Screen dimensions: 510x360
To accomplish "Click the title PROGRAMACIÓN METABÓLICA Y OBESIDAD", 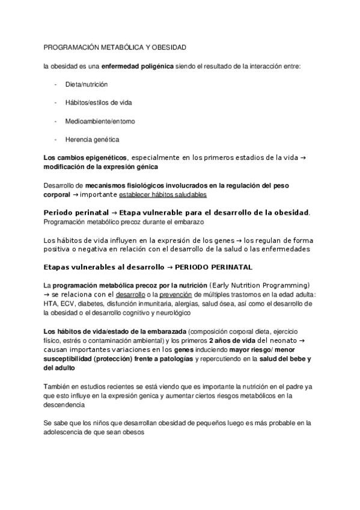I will click(x=115, y=47).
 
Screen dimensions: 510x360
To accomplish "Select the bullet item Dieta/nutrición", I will click(x=87, y=85).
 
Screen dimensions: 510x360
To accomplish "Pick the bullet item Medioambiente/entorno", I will click(x=100, y=121).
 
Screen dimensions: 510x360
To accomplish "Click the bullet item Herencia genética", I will click(x=92, y=140).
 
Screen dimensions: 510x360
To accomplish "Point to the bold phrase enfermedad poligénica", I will click(x=138, y=66).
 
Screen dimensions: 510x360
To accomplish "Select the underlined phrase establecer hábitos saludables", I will click(x=163, y=195).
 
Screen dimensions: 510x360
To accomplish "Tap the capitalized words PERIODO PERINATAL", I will click(x=217, y=266).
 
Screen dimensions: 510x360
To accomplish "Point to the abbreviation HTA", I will click(x=51, y=304).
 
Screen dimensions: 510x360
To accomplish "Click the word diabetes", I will click(x=93, y=304).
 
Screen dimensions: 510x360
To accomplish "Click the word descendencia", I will click(x=64, y=405).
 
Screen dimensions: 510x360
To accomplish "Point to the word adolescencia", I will click(x=69, y=432).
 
